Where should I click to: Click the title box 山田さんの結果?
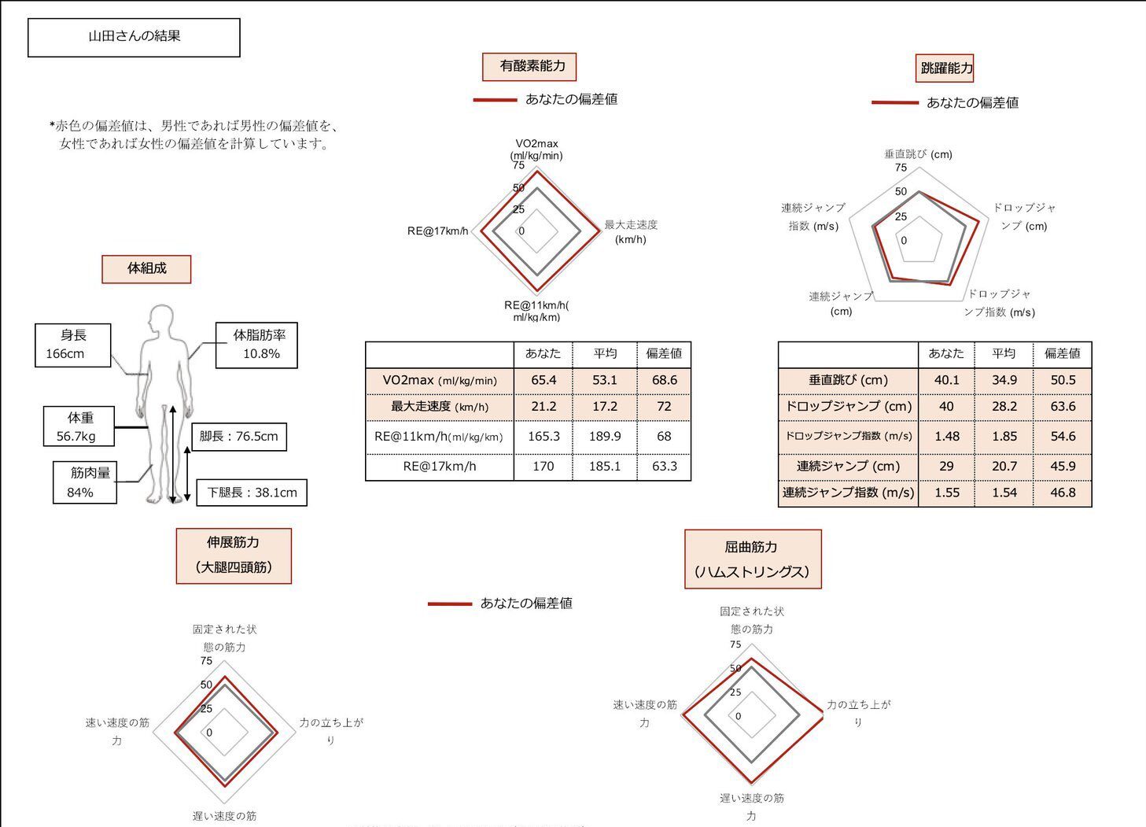(x=134, y=37)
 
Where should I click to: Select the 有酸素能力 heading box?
(x=529, y=66)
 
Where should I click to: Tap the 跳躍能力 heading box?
(x=946, y=68)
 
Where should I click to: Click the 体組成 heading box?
(x=146, y=268)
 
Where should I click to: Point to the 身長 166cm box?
(x=73, y=345)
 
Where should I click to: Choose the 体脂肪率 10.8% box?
(x=257, y=345)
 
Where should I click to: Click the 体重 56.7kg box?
(x=80, y=426)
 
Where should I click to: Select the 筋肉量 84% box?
(x=84, y=482)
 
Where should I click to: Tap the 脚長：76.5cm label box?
(x=238, y=436)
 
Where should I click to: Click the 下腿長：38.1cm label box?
(x=252, y=493)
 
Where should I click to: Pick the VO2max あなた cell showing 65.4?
(x=544, y=380)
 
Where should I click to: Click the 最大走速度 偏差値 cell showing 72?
(x=664, y=407)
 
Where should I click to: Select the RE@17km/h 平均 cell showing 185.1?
(x=604, y=467)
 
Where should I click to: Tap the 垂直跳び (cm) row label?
(x=848, y=380)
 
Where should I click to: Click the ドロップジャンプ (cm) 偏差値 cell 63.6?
(x=1063, y=407)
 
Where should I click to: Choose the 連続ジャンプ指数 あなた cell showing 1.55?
(x=946, y=493)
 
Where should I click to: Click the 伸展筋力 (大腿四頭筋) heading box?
(x=234, y=556)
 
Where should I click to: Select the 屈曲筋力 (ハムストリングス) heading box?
(x=753, y=559)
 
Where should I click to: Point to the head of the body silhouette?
(x=162, y=319)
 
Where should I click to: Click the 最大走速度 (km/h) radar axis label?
(x=631, y=232)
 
